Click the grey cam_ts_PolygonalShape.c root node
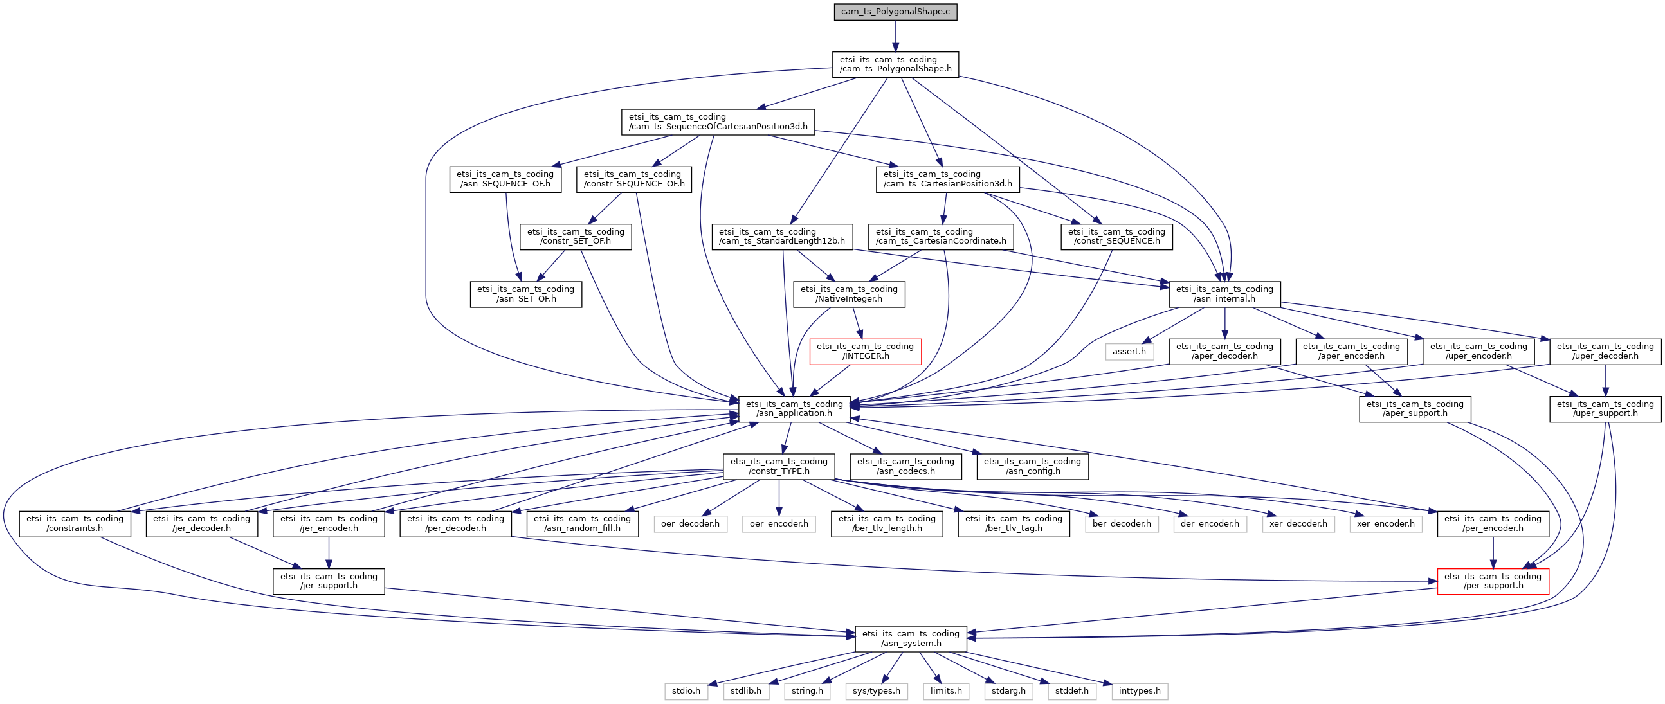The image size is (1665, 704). point(895,12)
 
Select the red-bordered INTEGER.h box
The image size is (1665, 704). point(865,351)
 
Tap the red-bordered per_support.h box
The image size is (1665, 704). point(1493,581)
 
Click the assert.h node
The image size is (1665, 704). point(1129,351)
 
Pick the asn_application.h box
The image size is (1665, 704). point(794,409)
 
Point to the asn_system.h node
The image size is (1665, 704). point(911,639)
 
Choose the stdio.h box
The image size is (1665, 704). point(686,691)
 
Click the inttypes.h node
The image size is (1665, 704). point(1140,691)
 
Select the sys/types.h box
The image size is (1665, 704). point(877,691)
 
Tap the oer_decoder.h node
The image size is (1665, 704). point(690,524)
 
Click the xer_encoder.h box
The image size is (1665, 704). point(1386,524)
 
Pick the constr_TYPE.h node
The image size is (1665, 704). point(779,466)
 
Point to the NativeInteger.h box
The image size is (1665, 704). point(850,294)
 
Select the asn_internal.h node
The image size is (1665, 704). point(1225,294)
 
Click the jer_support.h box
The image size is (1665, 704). point(329,581)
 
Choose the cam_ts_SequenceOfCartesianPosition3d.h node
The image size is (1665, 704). point(718,122)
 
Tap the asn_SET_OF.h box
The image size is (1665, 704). point(526,294)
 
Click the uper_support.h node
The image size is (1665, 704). point(1606,409)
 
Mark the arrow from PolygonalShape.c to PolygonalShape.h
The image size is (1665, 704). point(895,36)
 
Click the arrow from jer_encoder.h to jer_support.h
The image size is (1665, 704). point(329,553)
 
